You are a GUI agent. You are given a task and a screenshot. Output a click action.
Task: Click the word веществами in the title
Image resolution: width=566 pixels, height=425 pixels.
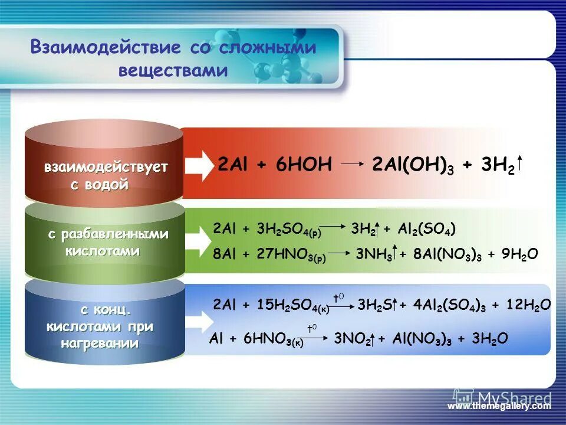coord(173,70)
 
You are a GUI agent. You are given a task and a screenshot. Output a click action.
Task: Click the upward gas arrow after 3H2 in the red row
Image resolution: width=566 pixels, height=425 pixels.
coord(521,165)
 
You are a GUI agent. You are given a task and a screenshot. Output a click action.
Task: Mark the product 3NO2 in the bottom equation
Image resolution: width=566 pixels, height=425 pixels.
coord(352,339)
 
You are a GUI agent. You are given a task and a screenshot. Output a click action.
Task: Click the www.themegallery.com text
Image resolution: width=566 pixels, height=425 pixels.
coord(499,406)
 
